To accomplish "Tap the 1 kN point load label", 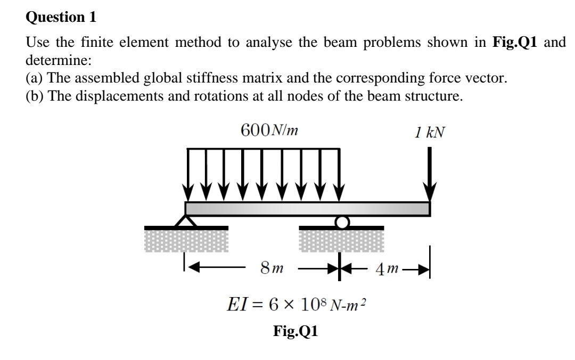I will tap(431, 130).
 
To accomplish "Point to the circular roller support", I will tap(341, 221).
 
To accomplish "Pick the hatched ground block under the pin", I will tap(186, 241).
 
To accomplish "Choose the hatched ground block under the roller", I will tap(341, 241).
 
